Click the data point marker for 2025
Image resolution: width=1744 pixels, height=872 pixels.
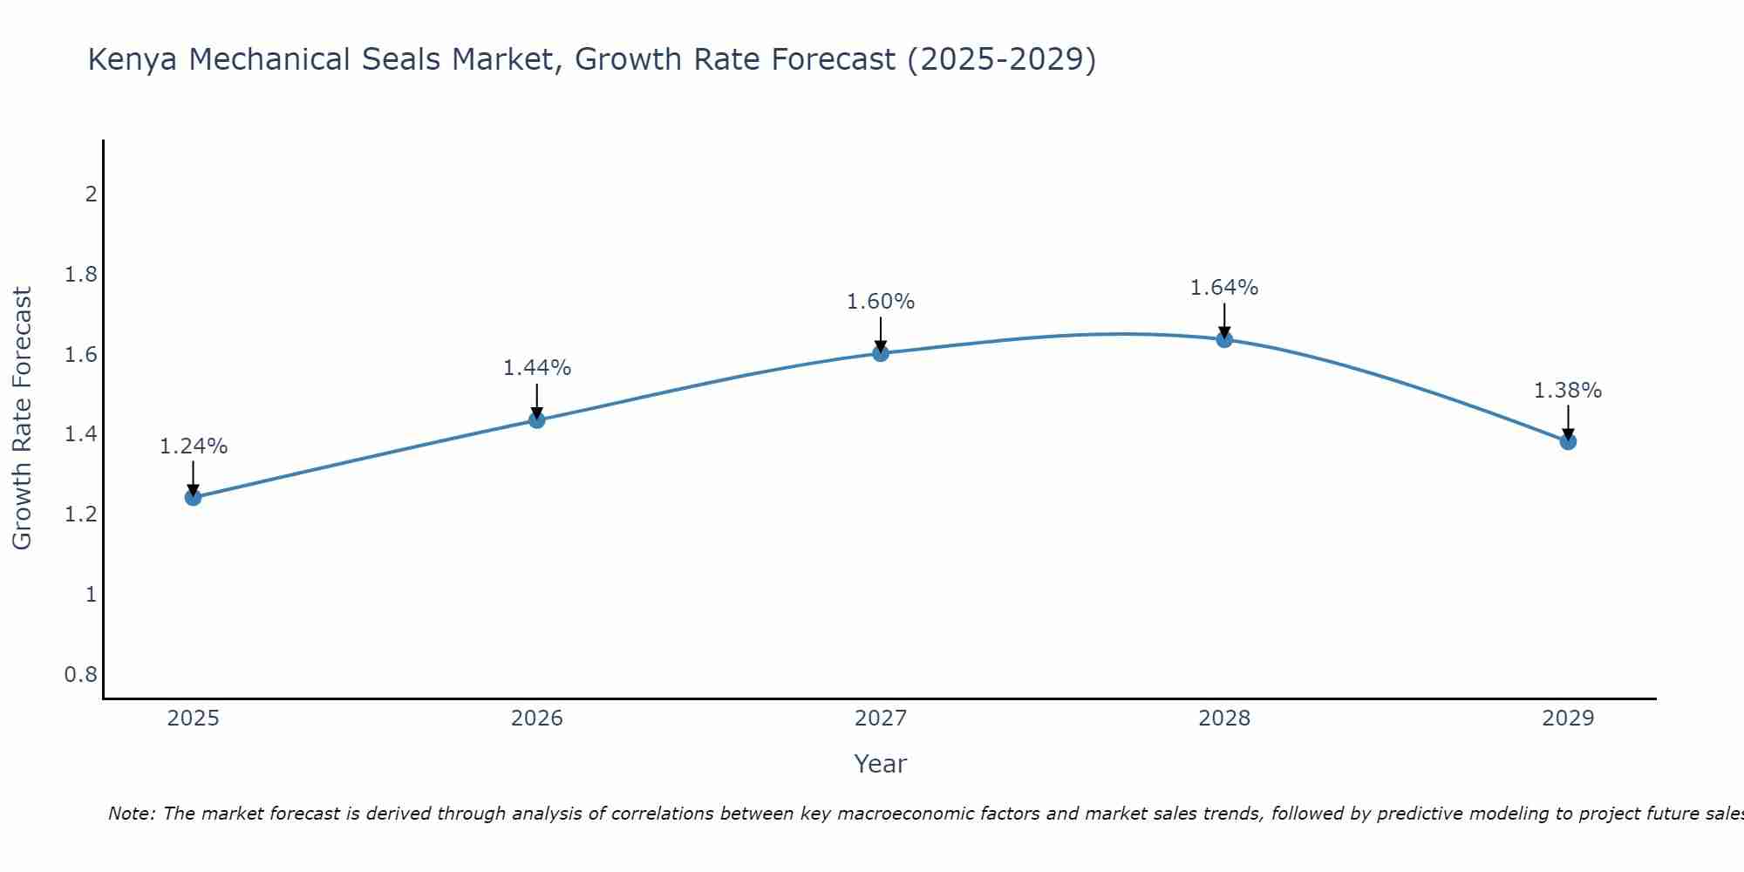click(194, 498)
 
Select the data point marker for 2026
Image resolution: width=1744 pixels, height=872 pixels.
click(537, 420)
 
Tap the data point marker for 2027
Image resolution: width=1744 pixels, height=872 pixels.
click(881, 353)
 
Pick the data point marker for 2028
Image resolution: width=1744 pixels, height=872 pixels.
click(1224, 339)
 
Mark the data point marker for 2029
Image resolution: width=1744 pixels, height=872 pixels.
click(1568, 441)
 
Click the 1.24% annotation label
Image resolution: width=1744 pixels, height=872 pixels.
click(194, 446)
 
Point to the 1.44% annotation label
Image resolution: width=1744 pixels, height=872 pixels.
click(537, 368)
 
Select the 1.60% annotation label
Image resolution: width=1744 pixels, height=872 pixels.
click(881, 302)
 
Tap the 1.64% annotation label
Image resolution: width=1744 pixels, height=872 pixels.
click(1224, 288)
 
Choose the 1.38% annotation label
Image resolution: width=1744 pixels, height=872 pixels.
click(1568, 391)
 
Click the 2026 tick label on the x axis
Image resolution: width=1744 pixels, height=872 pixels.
click(537, 719)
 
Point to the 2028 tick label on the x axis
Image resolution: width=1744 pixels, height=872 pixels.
click(1224, 719)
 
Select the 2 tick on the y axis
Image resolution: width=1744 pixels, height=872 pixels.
click(91, 194)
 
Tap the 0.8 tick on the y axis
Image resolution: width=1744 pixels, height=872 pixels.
click(81, 675)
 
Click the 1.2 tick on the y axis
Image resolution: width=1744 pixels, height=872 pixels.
click(81, 514)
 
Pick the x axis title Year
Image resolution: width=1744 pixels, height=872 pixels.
click(881, 764)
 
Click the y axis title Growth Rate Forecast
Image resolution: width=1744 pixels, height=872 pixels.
click(22, 419)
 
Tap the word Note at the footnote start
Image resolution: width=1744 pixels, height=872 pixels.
click(131, 814)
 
